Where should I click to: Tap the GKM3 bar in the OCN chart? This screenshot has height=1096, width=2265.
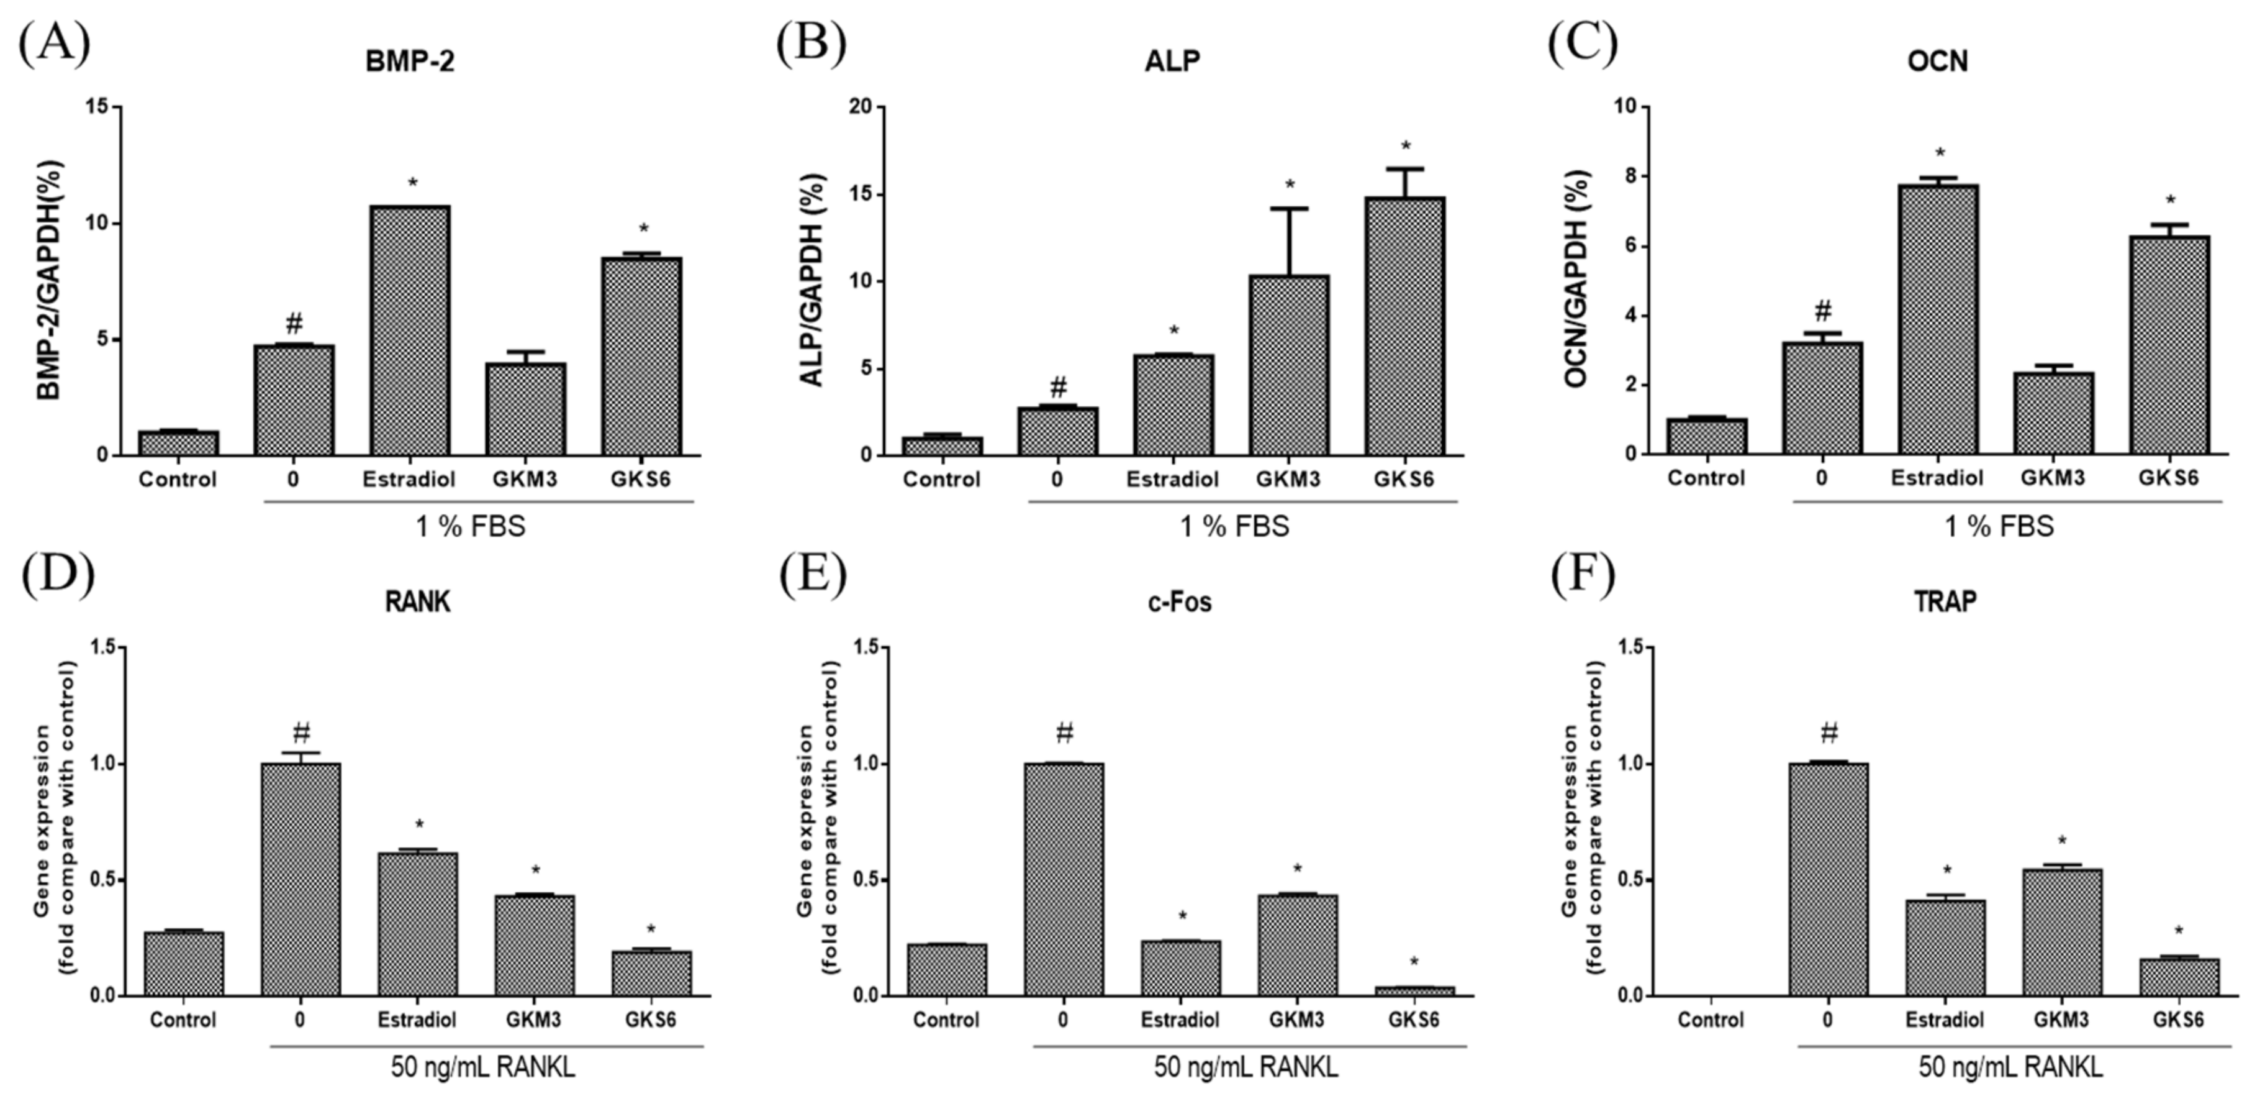click(x=2053, y=413)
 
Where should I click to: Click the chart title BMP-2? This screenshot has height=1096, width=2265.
click(x=410, y=62)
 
